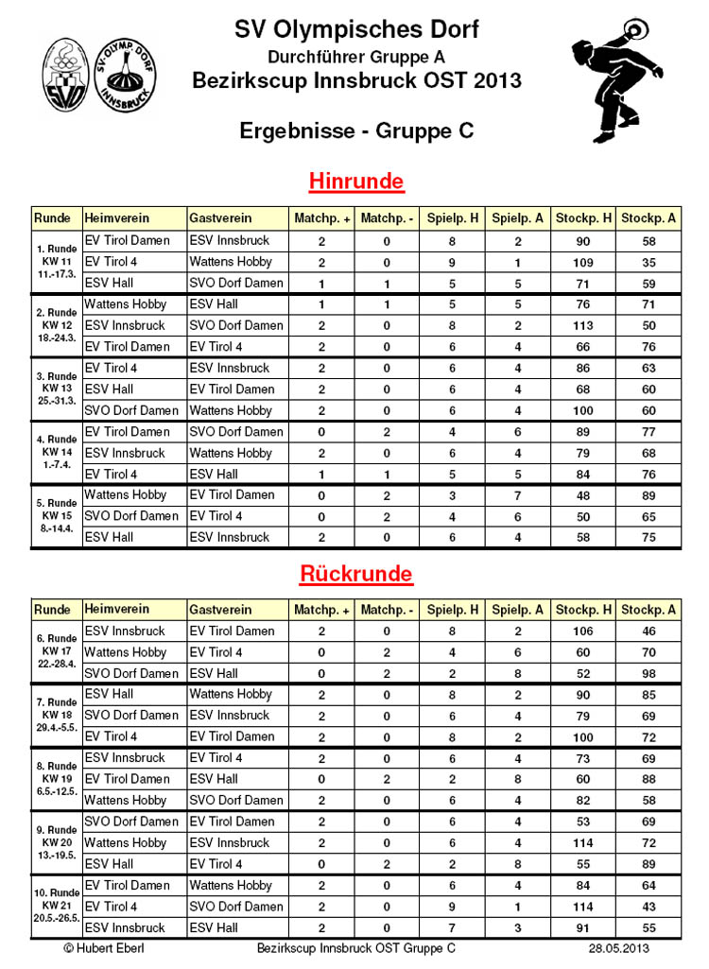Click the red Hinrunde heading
pos(356,181)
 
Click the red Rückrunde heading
pos(356,574)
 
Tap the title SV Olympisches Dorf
pos(356,30)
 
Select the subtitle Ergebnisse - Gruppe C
pos(356,130)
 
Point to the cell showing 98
pos(647,673)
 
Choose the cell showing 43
pos(647,907)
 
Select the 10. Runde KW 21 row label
pos(57,906)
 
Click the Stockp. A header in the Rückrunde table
pos(648,610)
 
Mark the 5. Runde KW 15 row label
pos(57,515)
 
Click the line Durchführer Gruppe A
pos(356,58)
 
